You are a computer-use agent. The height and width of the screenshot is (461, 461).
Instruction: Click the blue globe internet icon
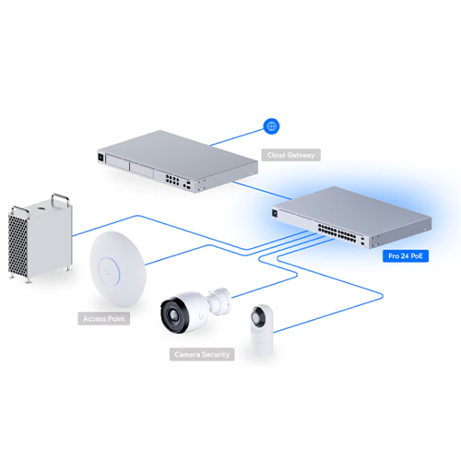click(271, 126)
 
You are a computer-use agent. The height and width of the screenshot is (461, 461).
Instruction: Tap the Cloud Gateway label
click(290, 155)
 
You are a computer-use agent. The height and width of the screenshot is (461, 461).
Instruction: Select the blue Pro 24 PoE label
click(406, 255)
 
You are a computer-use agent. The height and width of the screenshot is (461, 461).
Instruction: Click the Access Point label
click(103, 319)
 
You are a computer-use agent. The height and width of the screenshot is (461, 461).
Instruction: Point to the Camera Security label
click(202, 354)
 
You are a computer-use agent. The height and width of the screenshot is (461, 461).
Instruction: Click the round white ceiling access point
click(118, 269)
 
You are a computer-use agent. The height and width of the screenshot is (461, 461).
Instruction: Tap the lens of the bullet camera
click(173, 315)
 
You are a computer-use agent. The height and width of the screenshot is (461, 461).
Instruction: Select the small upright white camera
click(262, 330)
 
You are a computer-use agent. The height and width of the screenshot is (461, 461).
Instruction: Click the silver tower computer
click(41, 238)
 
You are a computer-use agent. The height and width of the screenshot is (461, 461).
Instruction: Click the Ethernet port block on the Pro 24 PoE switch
click(337, 232)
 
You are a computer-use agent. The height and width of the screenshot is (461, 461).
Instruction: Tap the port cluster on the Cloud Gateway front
click(172, 179)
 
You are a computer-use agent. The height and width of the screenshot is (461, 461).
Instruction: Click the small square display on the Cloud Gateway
click(100, 157)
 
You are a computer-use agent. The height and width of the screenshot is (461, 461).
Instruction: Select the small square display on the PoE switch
click(275, 213)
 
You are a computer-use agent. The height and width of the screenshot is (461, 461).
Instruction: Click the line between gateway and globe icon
click(237, 137)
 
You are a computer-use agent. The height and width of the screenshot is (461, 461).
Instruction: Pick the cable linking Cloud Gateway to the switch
click(262, 190)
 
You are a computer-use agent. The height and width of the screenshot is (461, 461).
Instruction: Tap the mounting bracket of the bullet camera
click(219, 301)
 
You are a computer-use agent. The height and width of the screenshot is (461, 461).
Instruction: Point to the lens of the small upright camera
click(256, 316)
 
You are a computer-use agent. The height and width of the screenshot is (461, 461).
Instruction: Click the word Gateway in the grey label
click(301, 155)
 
